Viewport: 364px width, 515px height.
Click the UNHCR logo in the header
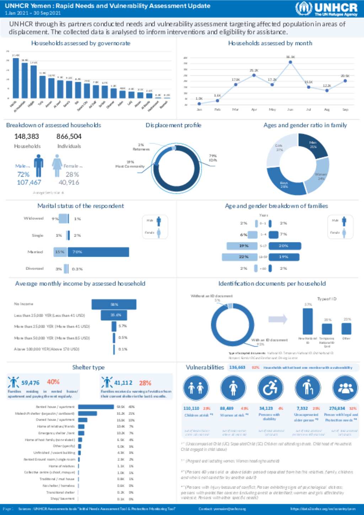[326, 9]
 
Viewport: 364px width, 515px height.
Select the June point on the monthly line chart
[290, 62]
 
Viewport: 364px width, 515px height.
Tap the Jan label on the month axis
[199, 109]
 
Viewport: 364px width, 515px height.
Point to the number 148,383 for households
[27, 136]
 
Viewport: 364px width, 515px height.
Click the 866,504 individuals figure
[69, 136]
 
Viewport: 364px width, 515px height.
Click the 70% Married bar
[98, 252]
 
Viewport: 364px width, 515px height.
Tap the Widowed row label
[34, 219]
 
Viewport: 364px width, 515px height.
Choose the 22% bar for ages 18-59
[239, 257]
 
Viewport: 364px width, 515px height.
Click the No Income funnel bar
[114, 304]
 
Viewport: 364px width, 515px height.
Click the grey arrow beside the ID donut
[278, 319]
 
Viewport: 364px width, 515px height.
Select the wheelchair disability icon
[270, 388]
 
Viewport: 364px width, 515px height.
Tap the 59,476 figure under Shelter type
[31, 383]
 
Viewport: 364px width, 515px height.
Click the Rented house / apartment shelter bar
[96, 407]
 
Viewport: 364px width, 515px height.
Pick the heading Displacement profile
[173, 125]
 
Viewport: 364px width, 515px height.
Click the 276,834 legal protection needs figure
[337, 408]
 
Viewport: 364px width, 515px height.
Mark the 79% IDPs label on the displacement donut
[213, 158]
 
